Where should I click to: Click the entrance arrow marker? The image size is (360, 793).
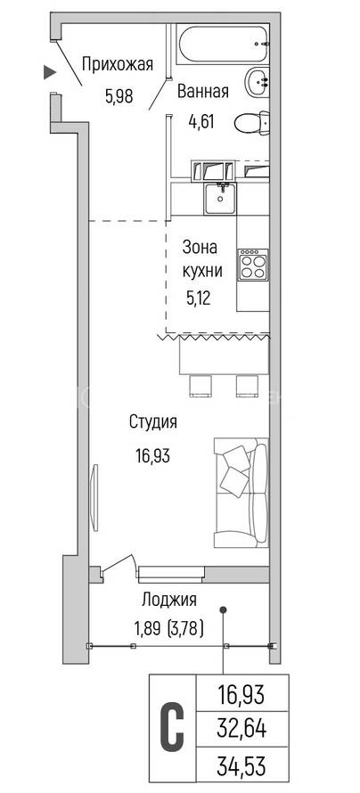tap(49, 72)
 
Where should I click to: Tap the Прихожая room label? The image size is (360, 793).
tap(118, 65)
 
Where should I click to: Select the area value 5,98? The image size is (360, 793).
tap(119, 96)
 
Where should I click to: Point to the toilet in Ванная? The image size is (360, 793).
tap(252, 122)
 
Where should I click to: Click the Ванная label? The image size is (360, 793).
tap(203, 92)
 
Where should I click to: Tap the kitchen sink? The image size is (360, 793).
tap(220, 198)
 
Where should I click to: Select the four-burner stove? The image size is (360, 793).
tap(253, 265)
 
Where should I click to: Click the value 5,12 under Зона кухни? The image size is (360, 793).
tap(198, 298)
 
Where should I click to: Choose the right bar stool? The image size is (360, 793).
tap(245, 386)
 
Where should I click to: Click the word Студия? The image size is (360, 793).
tap(153, 421)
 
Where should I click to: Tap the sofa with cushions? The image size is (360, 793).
tap(241, 493)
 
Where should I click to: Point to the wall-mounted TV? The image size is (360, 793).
tap(94, 496)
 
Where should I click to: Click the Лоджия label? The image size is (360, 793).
tap(169, 601)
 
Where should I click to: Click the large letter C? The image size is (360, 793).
tap(172, 729)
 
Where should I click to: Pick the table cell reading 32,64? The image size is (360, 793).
tap(241, 729)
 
